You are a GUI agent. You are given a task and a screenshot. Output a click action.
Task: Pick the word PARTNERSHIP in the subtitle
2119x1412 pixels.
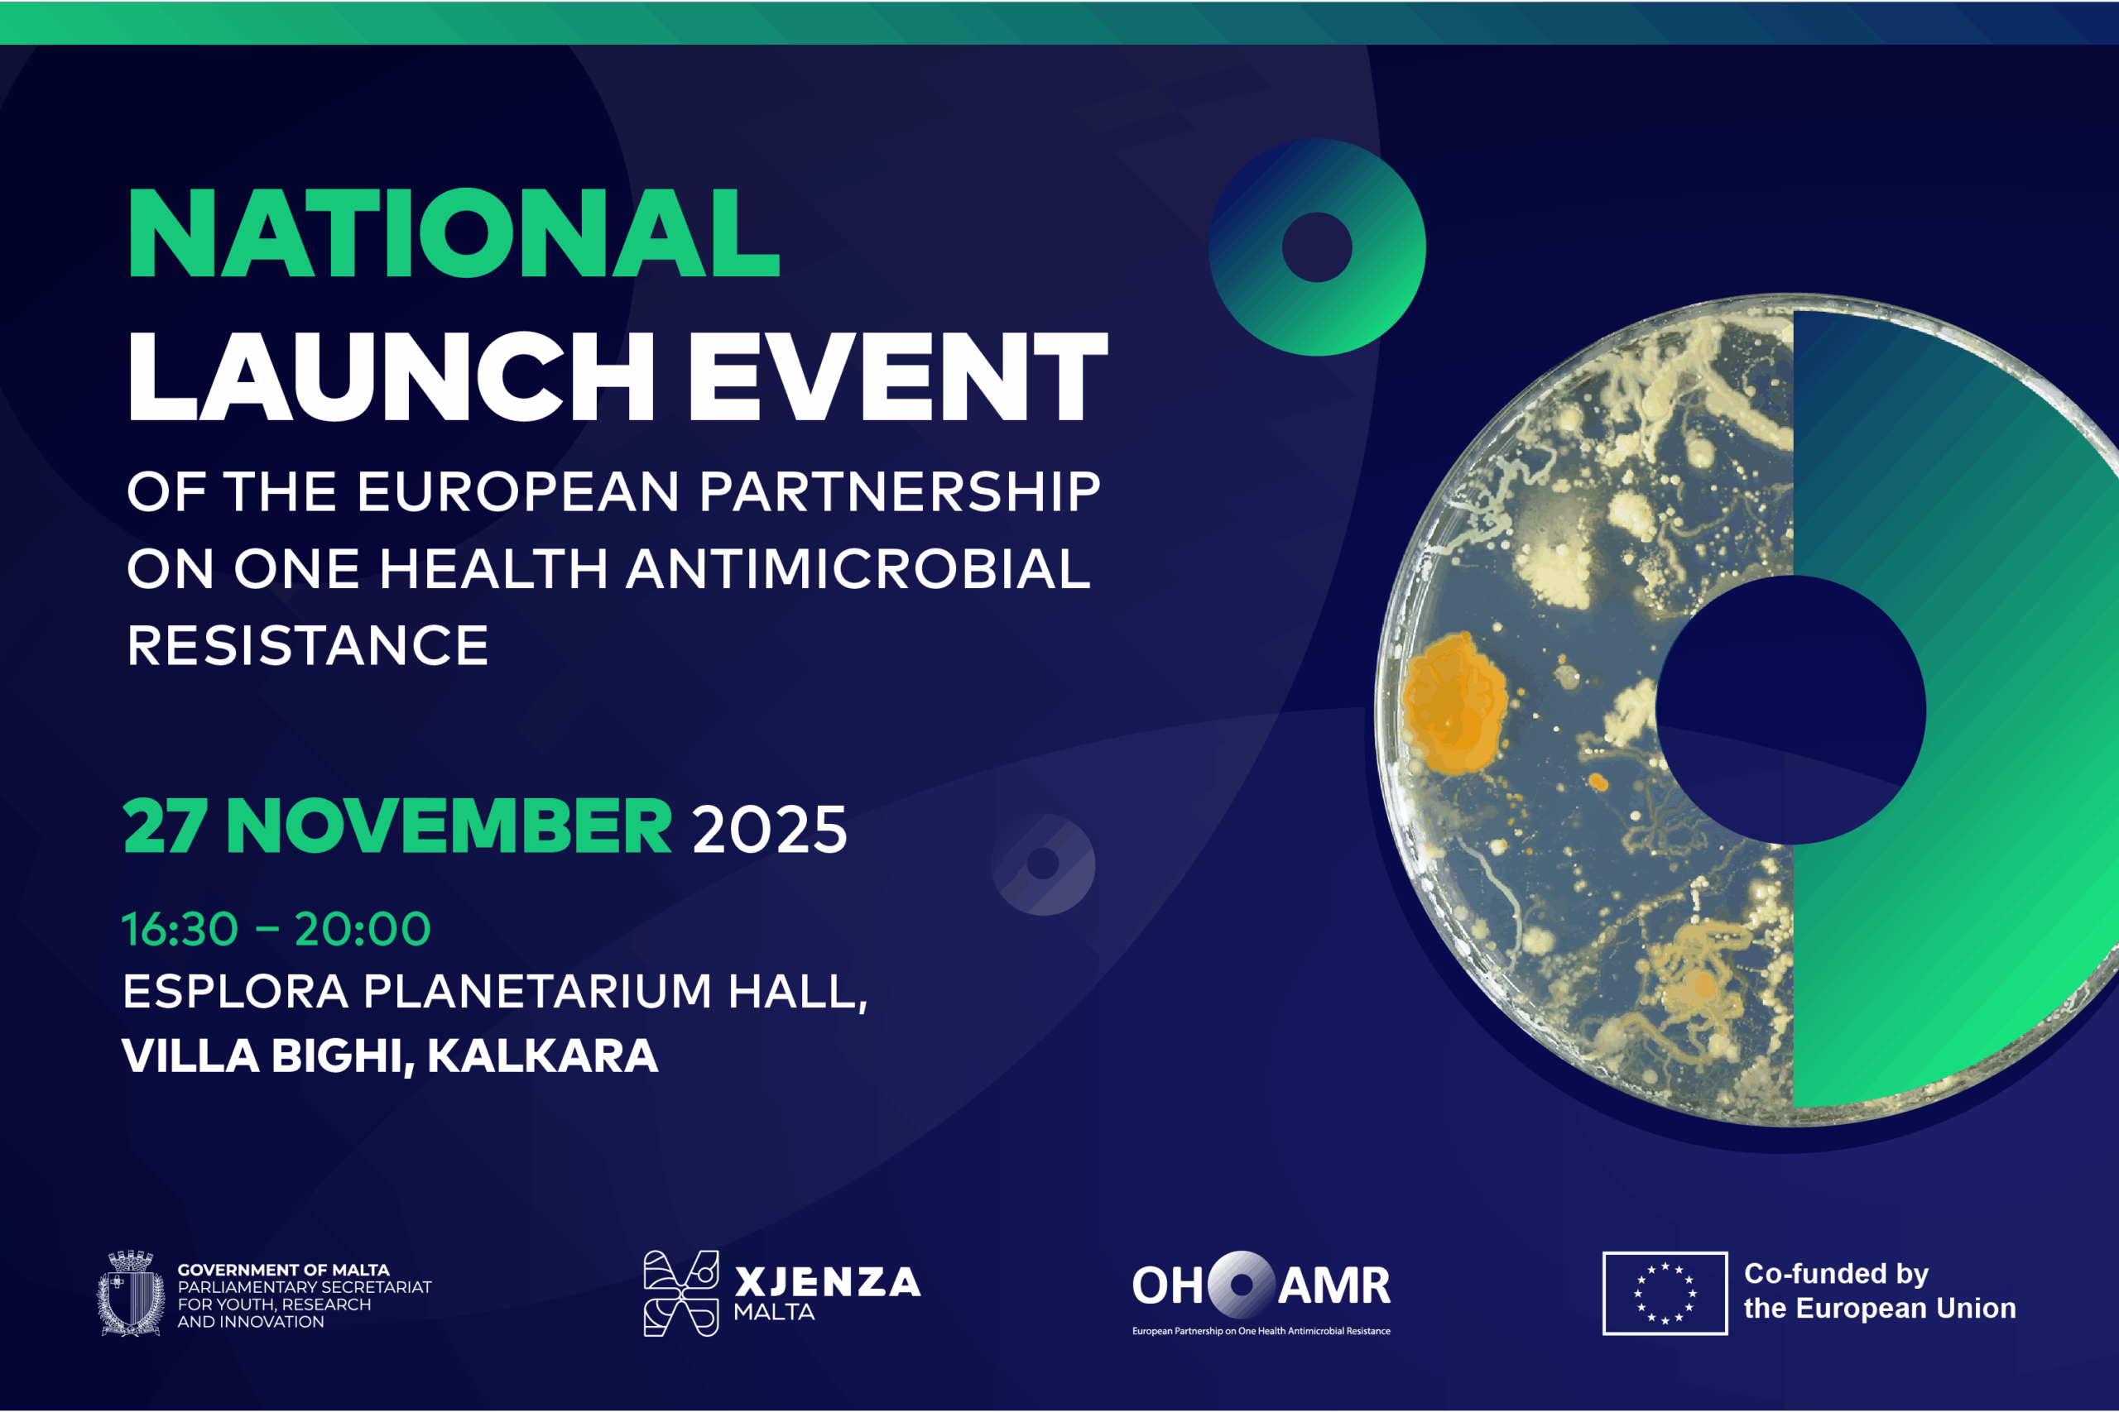[x=900, y=491]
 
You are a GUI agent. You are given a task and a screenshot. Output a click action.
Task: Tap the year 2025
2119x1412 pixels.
[x=771, y=830]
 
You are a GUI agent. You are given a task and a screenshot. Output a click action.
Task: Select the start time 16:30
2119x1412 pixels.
[x=180, y=928]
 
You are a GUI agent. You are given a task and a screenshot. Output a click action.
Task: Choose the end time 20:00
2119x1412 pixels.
[x=363, y=928]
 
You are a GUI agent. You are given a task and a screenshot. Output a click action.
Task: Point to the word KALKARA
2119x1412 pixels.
[x=542, y=1055]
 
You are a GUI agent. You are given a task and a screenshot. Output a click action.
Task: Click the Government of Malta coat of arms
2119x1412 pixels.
[x=131, y=1292]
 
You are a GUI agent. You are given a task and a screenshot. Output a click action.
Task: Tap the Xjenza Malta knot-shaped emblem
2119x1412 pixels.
[x=681, y=1293]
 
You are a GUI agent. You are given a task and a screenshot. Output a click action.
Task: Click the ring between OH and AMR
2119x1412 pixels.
[x=1241, y=1284]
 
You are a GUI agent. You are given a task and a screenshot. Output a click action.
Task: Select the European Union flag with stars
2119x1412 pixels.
[x=1665, y=1293]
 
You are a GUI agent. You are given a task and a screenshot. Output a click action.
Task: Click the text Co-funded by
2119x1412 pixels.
[x=1836, y=1274]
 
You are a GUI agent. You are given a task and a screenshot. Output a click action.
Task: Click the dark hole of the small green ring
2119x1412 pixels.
[x=1317, y=247]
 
